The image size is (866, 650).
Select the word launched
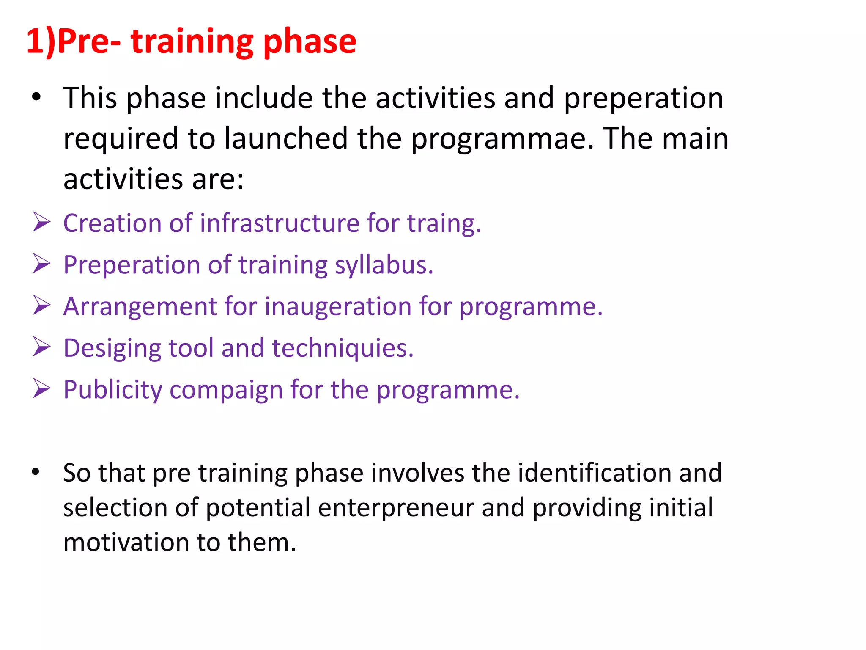pyautogui.click(x=286, y=139)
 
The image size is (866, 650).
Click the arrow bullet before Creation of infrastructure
pyautogui.click(x=41, y=223)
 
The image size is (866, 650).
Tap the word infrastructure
pyautogui.click(x=280, y=223)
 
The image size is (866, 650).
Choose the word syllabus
pyautogui.click(x=384, y=265)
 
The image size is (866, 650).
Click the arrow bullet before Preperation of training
pyautogui.click(x=41, y=264)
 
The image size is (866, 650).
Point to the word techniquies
pyautogui.click(x=343, y=348)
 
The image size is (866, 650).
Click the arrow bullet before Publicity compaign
pyautogui.click(x=41, y=389)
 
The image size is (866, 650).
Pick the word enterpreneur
pyautogui.click(x=395, y=508)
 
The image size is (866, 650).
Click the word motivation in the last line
pyautogui.click(x=126, y=543)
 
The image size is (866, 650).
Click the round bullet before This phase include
pyautogui.click(x=36, y=97)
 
